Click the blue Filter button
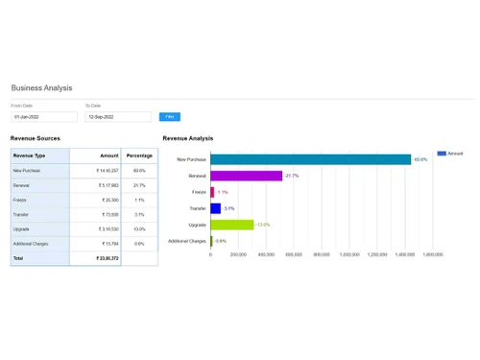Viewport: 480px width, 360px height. click(170, 116)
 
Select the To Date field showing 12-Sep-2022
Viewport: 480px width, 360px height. click(117, 117)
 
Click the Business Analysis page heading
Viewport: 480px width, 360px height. click(41, 87)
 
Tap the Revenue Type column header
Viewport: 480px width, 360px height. click(30, 156)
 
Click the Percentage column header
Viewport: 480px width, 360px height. click(139, 156)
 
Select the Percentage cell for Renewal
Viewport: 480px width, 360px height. click(139, 185)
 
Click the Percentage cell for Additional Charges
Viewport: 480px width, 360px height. click(139, 244)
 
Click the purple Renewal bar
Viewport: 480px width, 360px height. click(246, 176)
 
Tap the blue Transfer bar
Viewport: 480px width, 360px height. click(215, 208)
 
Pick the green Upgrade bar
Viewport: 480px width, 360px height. click(231, 225)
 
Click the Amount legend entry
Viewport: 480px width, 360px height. click(450, 153)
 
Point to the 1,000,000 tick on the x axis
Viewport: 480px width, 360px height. click(349, 255)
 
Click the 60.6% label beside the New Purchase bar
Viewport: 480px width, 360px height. click(420, 159)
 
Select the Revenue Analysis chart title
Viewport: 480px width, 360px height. click(188, 138)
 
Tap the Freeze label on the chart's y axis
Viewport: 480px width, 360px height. click(199, 192)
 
